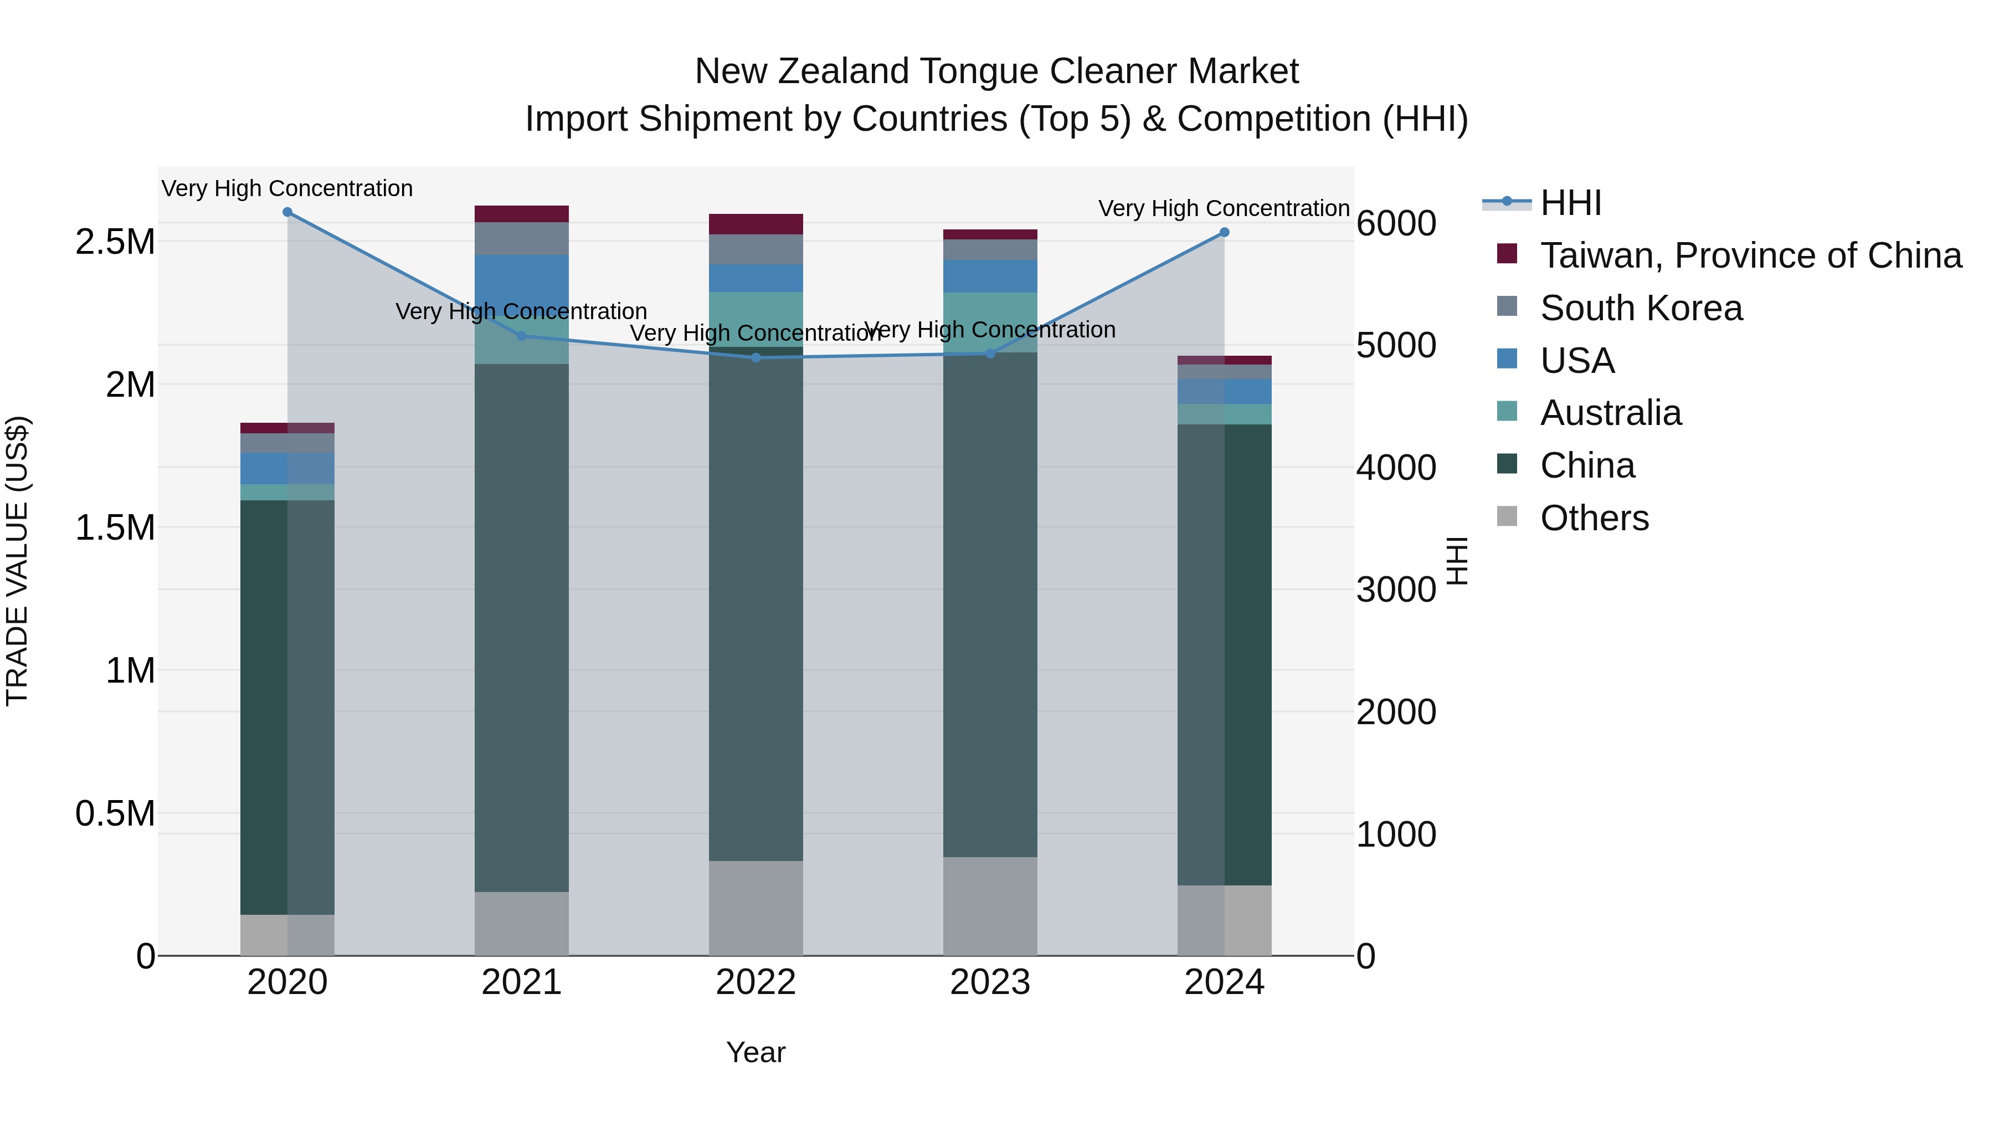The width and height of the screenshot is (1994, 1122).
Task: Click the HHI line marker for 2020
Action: point(287,212)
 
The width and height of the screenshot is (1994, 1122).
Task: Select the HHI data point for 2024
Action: point(1224,232)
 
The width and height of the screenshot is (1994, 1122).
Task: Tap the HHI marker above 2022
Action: point(756,358)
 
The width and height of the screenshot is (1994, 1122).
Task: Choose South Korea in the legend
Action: point(1641,308)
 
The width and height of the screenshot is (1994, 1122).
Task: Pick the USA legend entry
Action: point(1577,361)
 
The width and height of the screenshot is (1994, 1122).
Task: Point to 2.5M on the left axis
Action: point(115,242)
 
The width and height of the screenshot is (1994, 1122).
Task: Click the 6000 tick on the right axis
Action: point(1396,224)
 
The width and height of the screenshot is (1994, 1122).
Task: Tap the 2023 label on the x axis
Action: point(990,982)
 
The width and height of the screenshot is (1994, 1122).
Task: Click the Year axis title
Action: point(756,1052)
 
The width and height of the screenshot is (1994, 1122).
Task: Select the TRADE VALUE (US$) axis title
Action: point(17,561)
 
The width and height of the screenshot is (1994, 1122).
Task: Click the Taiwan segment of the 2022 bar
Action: point(756,224)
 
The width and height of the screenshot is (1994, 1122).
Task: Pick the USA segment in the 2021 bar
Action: point(521,283)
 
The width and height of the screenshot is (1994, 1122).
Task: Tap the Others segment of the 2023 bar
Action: point(990,906)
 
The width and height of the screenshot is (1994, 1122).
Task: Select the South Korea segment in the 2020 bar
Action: point(287,443)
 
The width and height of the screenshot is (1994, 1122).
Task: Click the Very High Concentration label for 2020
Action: point(287,189)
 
